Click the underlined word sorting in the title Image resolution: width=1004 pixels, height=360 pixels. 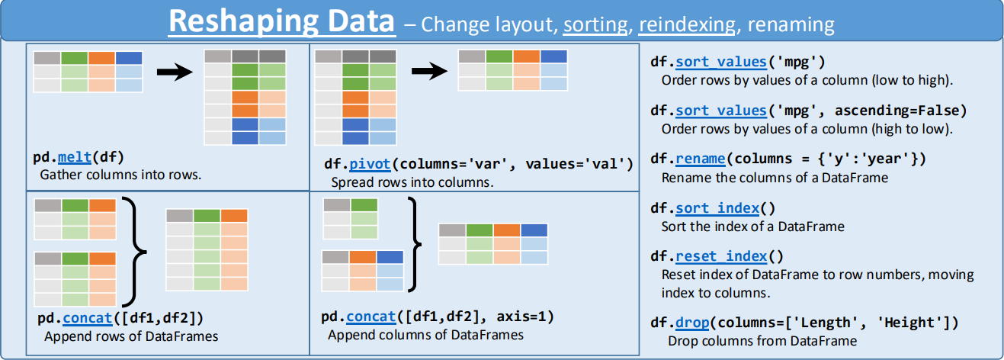595,24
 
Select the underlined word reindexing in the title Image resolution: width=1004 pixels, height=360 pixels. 688,24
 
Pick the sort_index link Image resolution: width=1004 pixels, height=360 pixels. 717,208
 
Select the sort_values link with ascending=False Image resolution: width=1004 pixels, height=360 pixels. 720,111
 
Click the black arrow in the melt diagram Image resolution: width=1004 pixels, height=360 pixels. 172,72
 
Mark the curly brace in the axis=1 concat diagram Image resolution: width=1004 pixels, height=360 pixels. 415,243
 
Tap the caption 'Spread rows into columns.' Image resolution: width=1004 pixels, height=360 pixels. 412,182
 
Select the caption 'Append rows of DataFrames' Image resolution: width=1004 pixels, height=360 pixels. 131,336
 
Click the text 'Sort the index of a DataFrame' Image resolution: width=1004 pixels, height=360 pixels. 752,227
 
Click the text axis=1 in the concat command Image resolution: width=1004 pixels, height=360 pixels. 525,317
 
